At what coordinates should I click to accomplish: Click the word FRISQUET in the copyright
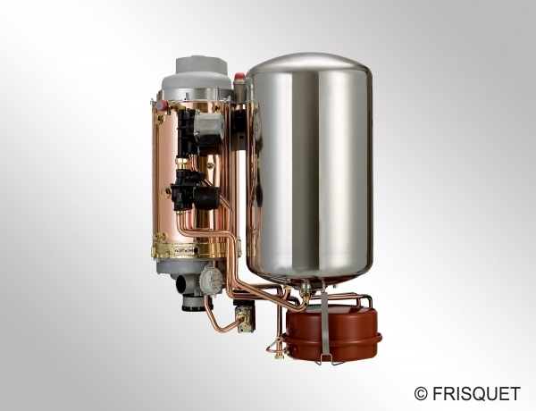click(x=476, y=393)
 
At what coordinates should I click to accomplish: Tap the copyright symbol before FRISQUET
click(x=421, y=394)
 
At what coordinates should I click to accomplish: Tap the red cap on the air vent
click(x=239, y=74)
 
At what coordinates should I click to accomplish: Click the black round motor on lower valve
click(x=206, y=198)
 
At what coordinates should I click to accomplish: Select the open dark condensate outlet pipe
click(x=182, y=283)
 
